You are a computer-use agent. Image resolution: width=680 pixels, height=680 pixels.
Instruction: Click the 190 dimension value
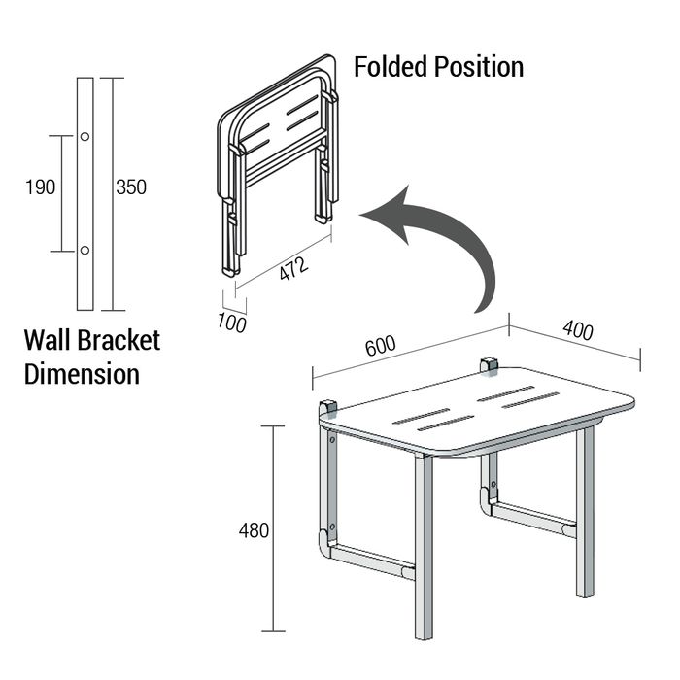pos(41,187)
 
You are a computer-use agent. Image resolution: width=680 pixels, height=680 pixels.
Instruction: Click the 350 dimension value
pos(131,187)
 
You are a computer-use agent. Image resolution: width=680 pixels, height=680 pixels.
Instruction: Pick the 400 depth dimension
pos(577,329)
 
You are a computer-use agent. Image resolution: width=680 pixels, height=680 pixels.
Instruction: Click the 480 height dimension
pos(255,530)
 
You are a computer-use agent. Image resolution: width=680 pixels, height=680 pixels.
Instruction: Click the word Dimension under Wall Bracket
pos(83,374)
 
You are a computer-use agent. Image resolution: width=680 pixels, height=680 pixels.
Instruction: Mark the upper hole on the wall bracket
pos(85,136)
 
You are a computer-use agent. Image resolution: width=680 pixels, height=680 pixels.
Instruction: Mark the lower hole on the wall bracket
pos(85,251)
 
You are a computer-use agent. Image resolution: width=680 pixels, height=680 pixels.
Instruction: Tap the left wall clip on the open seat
pos(328,408)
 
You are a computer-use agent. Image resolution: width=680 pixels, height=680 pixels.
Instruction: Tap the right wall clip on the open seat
pos(489,365)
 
